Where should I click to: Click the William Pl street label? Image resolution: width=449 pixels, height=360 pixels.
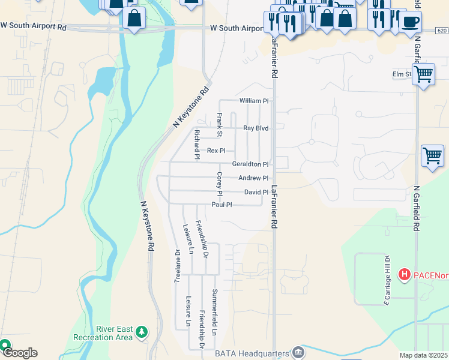click(253, 101)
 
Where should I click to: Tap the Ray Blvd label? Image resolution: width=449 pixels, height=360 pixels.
click(255, 128)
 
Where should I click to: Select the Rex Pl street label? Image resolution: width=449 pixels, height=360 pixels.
click(216, 151)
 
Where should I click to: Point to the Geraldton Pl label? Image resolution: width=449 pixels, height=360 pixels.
click(250, 164)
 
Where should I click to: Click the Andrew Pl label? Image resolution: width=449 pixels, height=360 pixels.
click(253, 178)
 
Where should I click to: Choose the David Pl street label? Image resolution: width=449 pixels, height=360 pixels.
click(256, 192)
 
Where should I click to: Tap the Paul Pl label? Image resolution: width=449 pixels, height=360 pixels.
click(221, 205)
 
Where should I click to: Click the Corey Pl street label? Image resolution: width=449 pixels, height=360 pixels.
click(220, 184)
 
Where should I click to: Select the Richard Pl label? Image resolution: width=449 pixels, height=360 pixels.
click(196, 145)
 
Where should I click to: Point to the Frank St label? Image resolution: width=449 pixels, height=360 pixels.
click(220, 124)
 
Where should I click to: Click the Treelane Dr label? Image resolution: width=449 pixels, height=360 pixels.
click(177, 266)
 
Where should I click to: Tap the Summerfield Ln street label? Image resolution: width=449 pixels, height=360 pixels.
click(214, 312)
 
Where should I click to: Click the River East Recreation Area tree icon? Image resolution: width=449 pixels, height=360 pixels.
click(142, 332)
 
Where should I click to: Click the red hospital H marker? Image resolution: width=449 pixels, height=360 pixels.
click(405, 275)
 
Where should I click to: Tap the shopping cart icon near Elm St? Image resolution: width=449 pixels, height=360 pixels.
click(424, 75)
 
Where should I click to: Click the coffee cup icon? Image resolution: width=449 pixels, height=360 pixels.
click(411, 23)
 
